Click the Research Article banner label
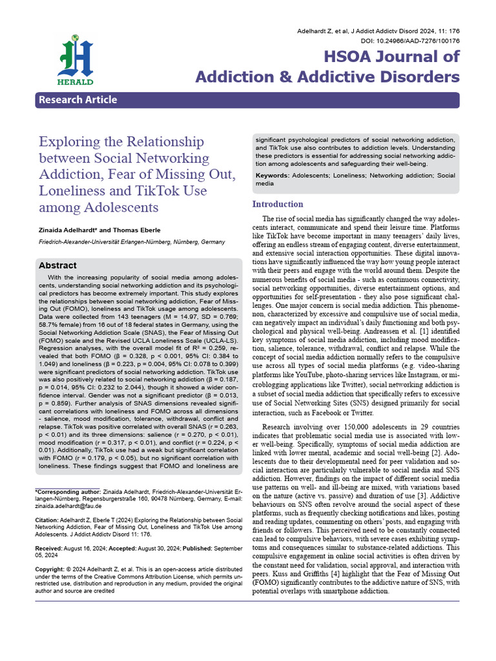point(77,100)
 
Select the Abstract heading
point(57,265)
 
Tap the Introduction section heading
point(278,205)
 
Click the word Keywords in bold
point(272,176)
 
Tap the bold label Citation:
point(47,520)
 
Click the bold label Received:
point(50,548)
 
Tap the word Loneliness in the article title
point(72,190)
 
